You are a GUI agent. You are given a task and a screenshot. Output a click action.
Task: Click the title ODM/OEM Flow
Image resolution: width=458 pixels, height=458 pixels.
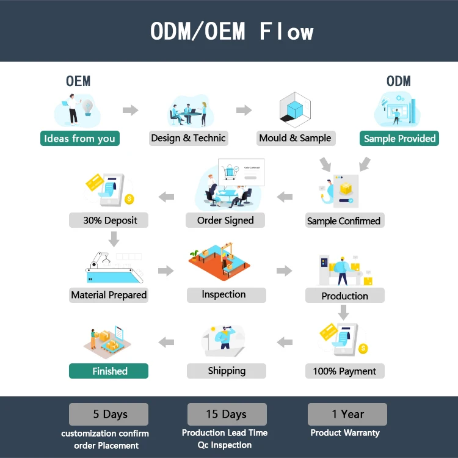click(x=232, y=31)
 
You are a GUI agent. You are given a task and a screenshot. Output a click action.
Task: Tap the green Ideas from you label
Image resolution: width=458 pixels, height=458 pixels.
click(x=79, y=139)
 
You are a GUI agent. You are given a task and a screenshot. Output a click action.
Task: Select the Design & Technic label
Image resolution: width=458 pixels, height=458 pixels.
click(x=188, y=138)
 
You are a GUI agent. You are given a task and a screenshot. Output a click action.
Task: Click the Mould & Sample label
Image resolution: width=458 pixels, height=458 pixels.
click(x=295, y=138)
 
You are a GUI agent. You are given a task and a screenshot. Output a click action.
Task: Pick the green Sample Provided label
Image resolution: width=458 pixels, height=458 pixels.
click(x=399, y=139)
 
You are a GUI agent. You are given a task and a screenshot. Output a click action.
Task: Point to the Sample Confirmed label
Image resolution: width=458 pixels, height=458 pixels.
click(x=344, y=221)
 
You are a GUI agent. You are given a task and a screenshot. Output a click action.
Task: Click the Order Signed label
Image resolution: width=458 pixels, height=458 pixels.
click(x=225, y=220)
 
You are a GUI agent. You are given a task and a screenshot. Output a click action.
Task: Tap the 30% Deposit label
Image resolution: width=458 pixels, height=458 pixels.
click(x=110, y=220)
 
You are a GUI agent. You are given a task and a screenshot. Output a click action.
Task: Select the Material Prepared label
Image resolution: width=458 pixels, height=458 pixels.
click(x=109, y=295)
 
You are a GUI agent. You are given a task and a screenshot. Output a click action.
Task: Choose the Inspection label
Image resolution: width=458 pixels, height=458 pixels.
click(x=224, y=295)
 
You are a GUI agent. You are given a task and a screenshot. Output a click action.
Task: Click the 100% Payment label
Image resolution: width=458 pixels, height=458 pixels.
click(x=344, y=371)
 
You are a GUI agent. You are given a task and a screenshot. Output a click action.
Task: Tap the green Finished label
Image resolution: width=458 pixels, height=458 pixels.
click(x=110, y=371)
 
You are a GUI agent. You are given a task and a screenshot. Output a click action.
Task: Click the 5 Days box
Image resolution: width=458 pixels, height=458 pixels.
click(x=109, y=414)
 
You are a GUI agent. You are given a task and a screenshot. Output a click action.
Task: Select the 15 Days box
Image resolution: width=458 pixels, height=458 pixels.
click(x=226, y=414)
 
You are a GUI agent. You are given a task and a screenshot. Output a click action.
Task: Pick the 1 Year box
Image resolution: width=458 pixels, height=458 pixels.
click(x=347, y=414)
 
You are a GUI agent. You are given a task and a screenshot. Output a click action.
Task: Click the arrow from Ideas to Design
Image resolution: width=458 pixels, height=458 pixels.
click(x=130, y=111)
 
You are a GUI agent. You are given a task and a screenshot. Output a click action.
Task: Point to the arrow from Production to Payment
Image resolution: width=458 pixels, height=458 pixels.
click(x=344, y=312)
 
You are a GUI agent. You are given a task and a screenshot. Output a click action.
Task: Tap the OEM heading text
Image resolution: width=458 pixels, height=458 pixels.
click(x=78, y=81)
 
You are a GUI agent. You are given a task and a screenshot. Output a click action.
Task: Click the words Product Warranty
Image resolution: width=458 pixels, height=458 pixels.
click(x=345, y=433)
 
